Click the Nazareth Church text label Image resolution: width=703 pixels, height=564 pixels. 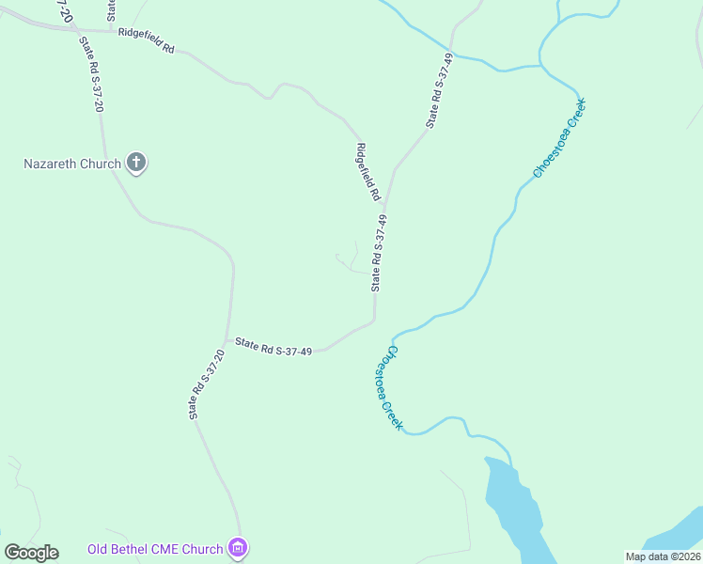(x=72, y=164)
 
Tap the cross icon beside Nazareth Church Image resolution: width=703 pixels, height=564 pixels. (x=136, y=164)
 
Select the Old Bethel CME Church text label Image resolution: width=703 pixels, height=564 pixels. (x=155, y=549)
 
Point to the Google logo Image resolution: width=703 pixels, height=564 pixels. (x=31, y=553)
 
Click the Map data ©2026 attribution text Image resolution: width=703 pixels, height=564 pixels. (x=662, y=556)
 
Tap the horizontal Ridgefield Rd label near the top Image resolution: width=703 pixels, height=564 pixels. (x=147, y=40)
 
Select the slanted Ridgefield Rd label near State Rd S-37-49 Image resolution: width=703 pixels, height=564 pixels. (x=367, y=171)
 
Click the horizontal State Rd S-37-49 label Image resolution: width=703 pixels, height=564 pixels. (x=273, y=347)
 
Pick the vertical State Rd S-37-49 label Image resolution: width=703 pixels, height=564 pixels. (x=379, y=252)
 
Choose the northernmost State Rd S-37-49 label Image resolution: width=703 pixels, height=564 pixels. (x=440, y=90)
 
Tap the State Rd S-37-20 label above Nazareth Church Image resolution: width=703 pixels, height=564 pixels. (x=91, y=74)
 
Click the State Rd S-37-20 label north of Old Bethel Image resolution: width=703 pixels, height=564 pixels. (x=206, y=384)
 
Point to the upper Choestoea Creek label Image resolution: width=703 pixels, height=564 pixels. (x=558, y=137)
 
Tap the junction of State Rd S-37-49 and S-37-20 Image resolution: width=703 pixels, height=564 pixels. (x=227, y=340)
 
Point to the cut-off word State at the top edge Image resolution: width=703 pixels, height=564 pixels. (x=111, y=9)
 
